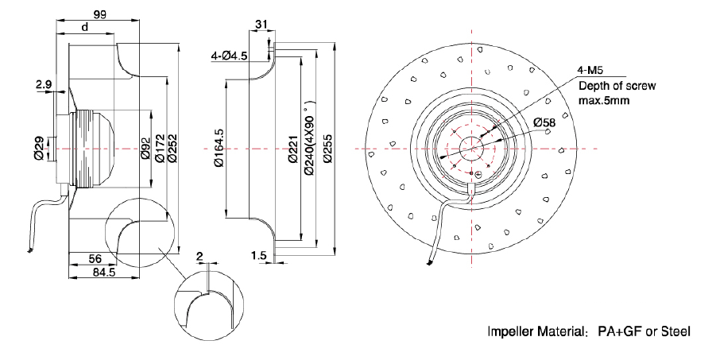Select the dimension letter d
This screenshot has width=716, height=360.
point(85,27)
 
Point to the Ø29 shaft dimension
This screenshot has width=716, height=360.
point(39,149)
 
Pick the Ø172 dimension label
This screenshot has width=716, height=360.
point(159,149)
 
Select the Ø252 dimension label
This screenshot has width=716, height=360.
point(172,149)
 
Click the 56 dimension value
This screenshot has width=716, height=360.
point(93,258)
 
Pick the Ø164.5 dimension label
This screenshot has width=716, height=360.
point(219,149)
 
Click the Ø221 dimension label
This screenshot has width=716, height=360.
point(293,149)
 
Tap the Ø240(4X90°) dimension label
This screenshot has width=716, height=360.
point(308,137)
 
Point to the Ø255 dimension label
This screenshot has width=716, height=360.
point(326,149)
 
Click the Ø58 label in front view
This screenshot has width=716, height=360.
point(544,123)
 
